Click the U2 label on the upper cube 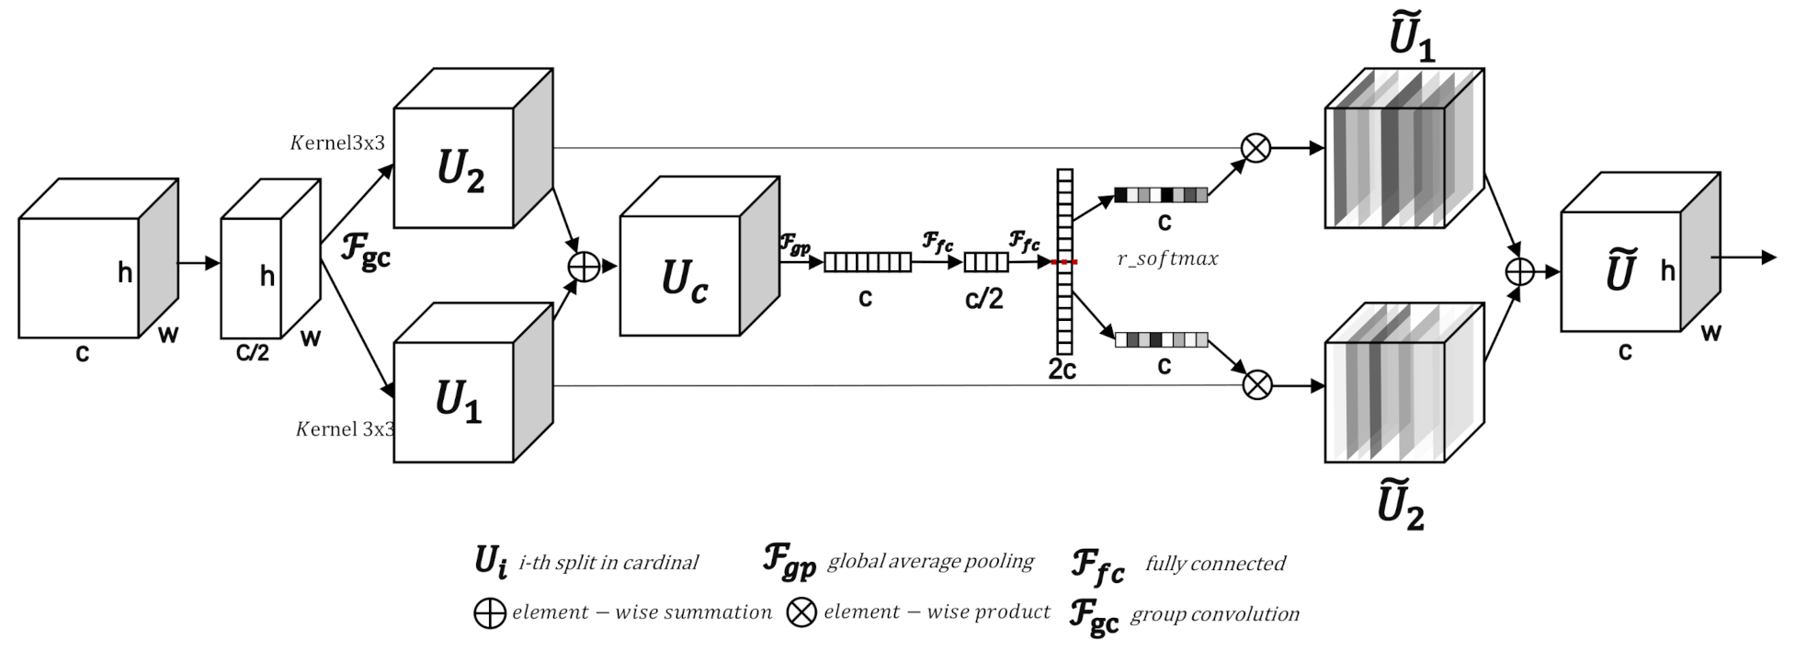460,169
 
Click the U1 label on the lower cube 458,402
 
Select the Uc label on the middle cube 685,280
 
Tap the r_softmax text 1167,259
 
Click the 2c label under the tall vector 1062,370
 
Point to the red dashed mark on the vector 1064,263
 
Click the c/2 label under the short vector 984,298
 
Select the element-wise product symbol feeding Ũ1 1255,147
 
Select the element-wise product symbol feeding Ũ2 1256,384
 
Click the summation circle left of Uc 585,267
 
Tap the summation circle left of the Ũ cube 1520,271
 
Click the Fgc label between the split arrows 366,250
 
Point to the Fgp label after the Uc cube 795,245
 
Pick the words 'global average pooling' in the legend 930,561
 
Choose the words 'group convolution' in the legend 1214,614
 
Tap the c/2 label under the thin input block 253,350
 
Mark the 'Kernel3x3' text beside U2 337,143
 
